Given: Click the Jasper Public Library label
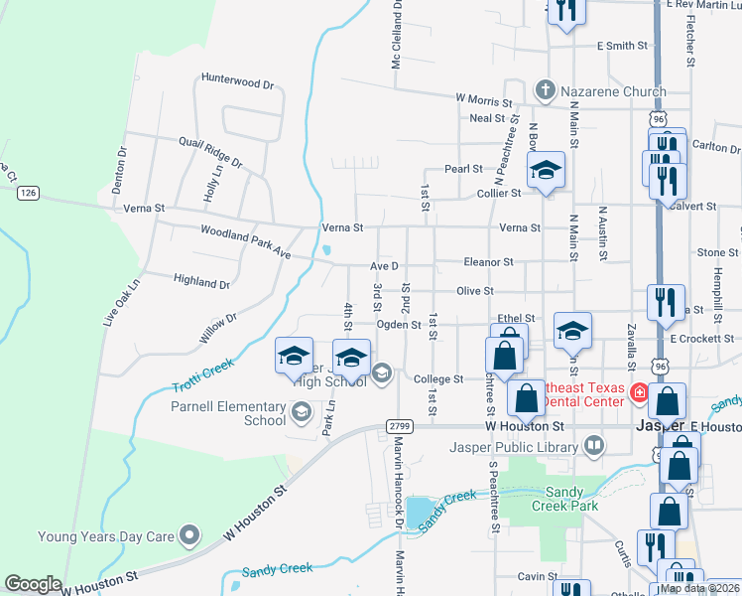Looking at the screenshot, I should coord(514,446).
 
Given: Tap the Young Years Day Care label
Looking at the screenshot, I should coord(105,537).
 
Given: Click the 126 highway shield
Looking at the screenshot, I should coord(28,193).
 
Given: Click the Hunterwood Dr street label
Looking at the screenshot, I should coord(236,83).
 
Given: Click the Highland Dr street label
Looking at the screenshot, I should coord(200,282).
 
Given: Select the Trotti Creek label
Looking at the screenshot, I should coord(203,375).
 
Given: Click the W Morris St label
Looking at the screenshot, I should coord(483,99).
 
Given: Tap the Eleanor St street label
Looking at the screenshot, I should coord(488,262).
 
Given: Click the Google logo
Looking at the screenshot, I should coord(34,584).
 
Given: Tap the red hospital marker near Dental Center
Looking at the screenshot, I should coord(640,393).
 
